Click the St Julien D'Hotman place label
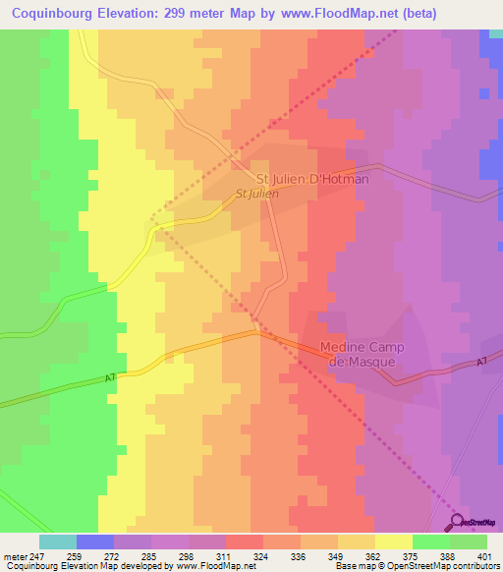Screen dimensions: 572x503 [x=312, y=180]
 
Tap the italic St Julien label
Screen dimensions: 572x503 [x=256, y=195]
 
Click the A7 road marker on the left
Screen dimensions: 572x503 [x=110, y=376]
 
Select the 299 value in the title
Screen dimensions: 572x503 [x=195, y=14]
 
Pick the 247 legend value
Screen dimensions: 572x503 [x=37, y=556]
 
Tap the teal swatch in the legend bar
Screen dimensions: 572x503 [x=58, y=542]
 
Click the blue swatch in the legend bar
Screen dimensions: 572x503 [x=95, y=542]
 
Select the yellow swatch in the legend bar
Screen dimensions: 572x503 [x=394, y=542]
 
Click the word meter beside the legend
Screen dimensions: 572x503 [x=14, y=556]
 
